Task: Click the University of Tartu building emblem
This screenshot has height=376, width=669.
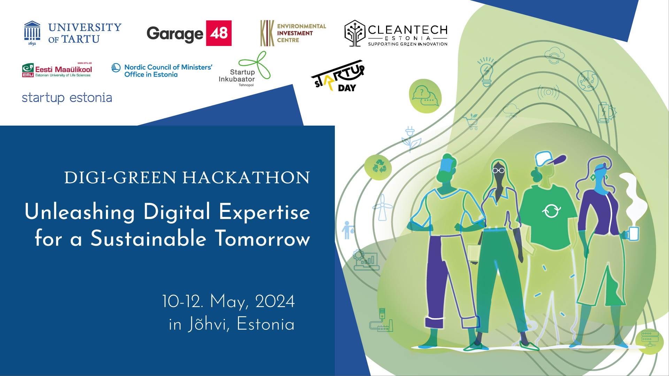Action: tap(32, 32)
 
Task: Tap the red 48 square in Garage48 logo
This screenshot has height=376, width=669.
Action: tap(219, 33)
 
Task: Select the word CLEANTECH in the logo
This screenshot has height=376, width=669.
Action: tap(408, 30)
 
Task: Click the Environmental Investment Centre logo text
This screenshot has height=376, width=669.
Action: tap(301, 33)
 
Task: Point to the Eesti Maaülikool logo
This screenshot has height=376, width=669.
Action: tap(57, 70)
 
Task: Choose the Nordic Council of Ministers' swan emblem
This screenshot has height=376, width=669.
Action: tap(116, 68)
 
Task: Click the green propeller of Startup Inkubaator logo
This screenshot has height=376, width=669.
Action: tap(256, 65)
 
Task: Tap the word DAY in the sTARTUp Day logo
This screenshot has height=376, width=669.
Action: tap(347, 88)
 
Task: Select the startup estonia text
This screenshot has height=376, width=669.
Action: tap(67, 98)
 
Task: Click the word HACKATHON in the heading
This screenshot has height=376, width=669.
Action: tap(246, 178)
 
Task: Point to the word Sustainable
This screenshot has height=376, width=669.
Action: tap(149, 238)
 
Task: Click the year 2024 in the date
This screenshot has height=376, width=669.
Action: tap(275, 301)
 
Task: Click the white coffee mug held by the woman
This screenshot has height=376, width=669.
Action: tap(633, 234)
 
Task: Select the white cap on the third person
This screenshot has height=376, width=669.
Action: tap(549, 158)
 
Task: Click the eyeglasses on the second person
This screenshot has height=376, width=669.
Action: tap(498, 171)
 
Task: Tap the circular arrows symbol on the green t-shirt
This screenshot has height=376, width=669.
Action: tap(551, 210)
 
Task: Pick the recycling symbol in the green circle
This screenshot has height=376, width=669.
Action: tap(379, 166)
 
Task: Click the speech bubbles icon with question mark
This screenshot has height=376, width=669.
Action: tap(425, 96)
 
